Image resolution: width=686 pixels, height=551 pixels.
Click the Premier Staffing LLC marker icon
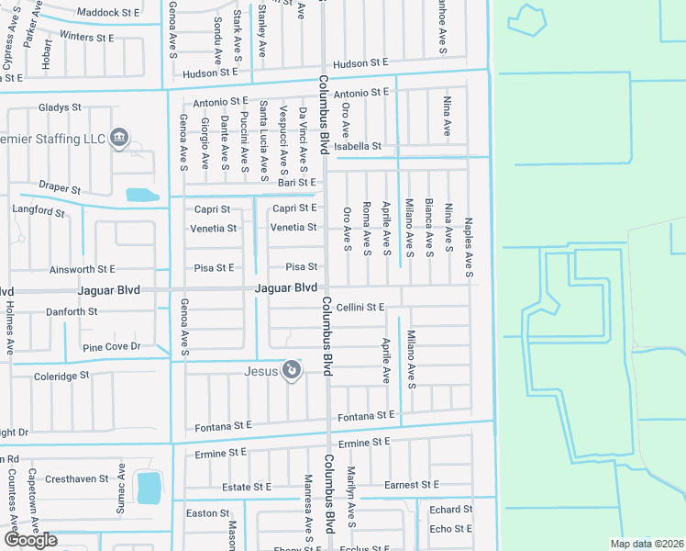(118, 139)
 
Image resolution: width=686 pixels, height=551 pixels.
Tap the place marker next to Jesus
(291, 370)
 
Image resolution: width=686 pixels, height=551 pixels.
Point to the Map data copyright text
(646, 544)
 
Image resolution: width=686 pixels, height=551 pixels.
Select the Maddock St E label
(108, 13)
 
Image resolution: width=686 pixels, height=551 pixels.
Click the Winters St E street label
(86, 38)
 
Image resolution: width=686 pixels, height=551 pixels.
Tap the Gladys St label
(60, 107)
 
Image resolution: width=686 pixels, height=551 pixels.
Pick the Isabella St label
(358, 146)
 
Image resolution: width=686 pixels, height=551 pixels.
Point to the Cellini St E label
(360, 307)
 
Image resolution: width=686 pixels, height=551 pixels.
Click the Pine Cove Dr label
(111, 347)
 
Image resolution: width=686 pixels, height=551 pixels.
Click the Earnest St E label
(411, 484)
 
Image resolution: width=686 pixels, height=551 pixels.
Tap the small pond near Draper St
(142, 195)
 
